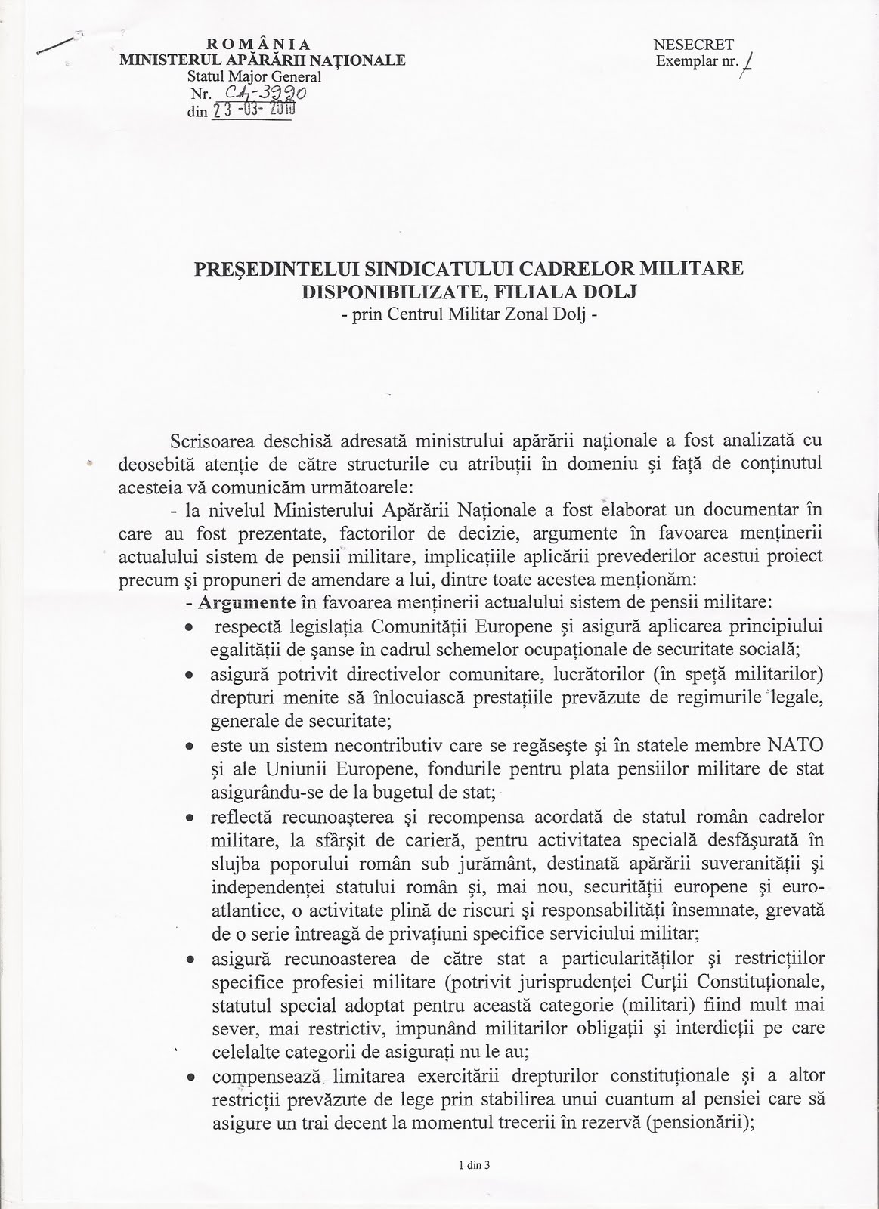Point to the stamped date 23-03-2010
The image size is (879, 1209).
[253, 110]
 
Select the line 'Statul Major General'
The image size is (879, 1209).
[254, 76]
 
